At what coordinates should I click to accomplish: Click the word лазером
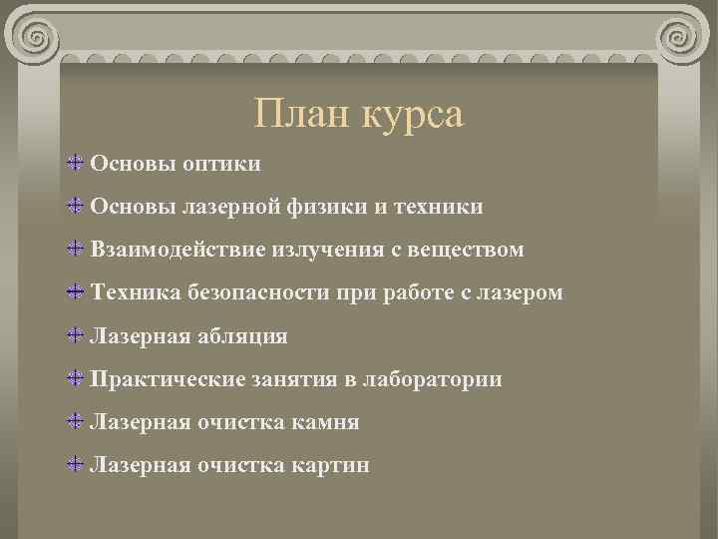click(516, 293)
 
